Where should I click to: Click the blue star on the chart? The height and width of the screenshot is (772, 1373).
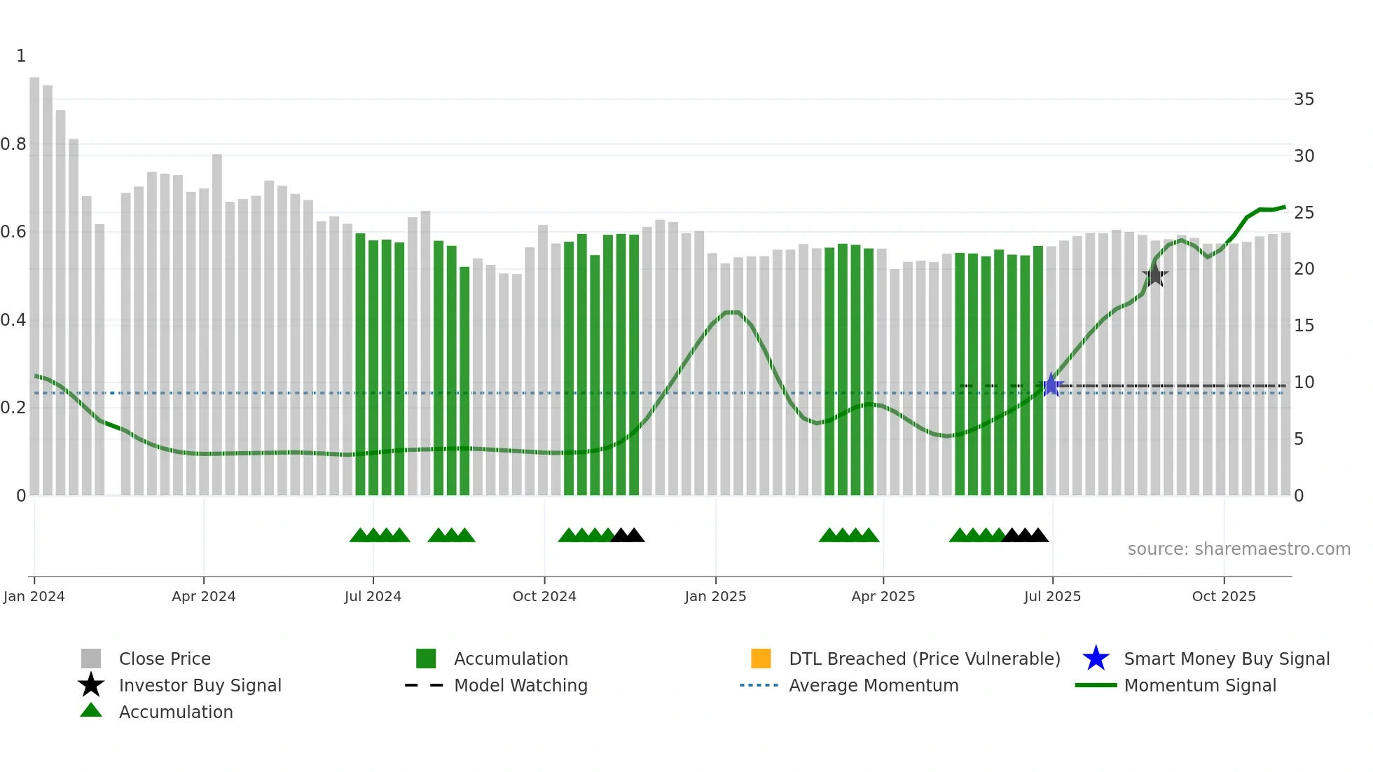coord(1051,385)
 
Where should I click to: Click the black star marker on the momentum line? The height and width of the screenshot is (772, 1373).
coord(1154,275)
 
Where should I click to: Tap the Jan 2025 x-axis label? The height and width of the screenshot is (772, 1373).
coord(715,596)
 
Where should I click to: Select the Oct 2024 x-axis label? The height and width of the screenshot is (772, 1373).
coord(544,596)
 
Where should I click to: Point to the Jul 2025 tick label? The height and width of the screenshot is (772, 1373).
coord(1052,596)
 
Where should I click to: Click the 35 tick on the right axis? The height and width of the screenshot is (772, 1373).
coord(1304,99)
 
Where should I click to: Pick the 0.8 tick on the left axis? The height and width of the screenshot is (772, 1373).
coord(13,144)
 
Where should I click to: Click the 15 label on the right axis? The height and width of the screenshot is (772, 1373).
coord(1304,326)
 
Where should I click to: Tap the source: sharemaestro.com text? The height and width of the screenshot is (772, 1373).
coord(1239,549)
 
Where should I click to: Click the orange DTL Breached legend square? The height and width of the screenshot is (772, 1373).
coord(761,659)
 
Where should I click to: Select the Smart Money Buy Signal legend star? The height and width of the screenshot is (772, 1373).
coord(1096,659)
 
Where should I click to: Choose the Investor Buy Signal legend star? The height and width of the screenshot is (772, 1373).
coord(91,685)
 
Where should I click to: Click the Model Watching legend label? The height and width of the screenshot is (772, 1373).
coord(520,685)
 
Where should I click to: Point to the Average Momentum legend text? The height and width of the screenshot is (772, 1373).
coord(874,685)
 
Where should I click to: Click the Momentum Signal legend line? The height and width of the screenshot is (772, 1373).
coord(1096,685)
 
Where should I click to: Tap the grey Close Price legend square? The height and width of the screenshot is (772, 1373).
coord(91,659)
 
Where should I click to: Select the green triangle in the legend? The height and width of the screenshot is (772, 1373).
coord(91,710)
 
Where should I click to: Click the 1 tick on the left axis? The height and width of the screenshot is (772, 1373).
coord(21,56)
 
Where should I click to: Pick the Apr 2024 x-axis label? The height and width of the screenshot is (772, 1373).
coord(203,596)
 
